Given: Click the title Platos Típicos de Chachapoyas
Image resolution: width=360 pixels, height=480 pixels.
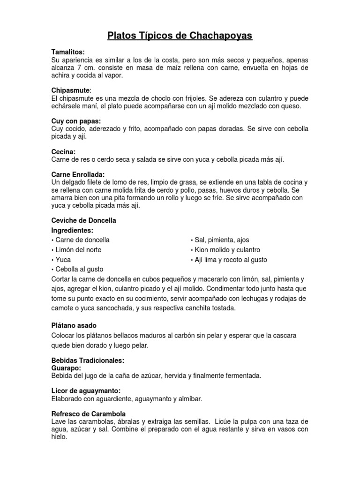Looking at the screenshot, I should [x=180, y=36].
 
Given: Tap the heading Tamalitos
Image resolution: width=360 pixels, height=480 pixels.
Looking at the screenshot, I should [x=68, y=52].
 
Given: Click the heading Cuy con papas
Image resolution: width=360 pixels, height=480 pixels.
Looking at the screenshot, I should [x=76, y=121].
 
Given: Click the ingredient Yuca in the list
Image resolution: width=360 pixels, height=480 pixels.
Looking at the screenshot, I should [x=63, y=260].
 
